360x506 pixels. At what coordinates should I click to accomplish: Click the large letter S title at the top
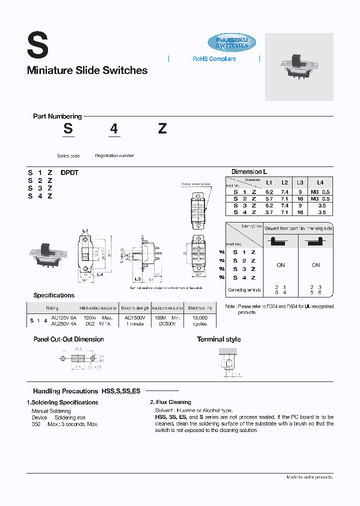pyautogui.click(x=37, y=45)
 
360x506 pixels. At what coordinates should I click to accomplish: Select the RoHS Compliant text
pyautogui.click(x=214, y=59)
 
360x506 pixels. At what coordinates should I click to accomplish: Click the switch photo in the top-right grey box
pyautogui.click(x=298, y=66)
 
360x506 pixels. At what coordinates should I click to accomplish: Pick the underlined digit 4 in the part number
pyautogui.click(x=114, y=129)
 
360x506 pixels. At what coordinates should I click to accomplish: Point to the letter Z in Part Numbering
pyautogui.click(x=162, y=128)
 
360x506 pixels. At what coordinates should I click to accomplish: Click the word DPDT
pyautogui.click(x=69, y=173)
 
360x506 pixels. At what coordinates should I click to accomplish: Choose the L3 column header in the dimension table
pyautogui.click(x=300, y=183)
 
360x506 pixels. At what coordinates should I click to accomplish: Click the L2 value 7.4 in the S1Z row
pyautogui.click(x=284, y=192)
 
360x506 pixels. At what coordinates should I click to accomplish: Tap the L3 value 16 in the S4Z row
pyautogui.click(x=300, y=212)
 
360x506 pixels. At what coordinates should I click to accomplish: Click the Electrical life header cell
pyautogui.click(x=199, y=308)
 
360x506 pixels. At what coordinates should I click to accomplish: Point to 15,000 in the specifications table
pyautogui.click(x=199, y=317)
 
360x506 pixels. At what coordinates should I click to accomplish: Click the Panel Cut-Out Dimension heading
pyautogui.click(x=68, y=339)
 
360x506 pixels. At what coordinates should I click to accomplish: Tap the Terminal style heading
pyautogui.click(x=218, y=339)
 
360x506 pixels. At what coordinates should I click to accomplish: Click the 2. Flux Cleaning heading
pyautogui.click(x=170, y=402)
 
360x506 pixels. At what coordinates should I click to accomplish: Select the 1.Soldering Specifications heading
pyautogui.click(x=62, y=402)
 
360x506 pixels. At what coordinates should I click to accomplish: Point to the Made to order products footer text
pyautogui.click(x=309, y=477)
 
